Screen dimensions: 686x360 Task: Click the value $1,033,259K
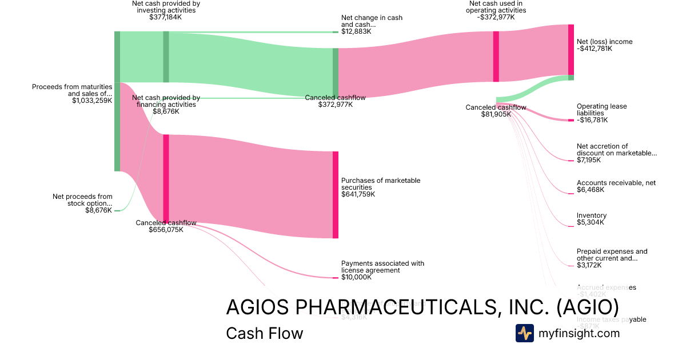pos(92,101)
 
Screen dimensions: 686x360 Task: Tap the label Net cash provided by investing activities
pos(165,6)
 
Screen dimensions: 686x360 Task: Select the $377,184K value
pos(165,17)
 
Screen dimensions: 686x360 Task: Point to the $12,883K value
pos(356,31)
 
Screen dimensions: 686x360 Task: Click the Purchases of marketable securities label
pos(381,184)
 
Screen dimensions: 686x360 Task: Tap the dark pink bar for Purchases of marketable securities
pos(336,194)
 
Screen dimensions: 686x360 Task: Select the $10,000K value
pos(356,277)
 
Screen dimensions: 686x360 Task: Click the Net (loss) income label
pos(605,42)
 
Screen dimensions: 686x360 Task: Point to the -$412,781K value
pos(595,49)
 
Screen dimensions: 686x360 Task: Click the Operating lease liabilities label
pos(601,110)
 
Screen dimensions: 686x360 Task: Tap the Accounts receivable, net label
pos(616,183)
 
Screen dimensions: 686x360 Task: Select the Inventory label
pos(592,215)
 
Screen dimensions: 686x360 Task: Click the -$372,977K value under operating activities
pos(495,17)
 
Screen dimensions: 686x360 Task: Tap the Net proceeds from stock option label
pos(82,200)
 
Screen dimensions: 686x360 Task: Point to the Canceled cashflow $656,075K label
pos(166,226)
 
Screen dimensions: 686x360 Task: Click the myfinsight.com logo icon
pos(524,333)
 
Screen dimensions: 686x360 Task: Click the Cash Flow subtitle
pos(264,333)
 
